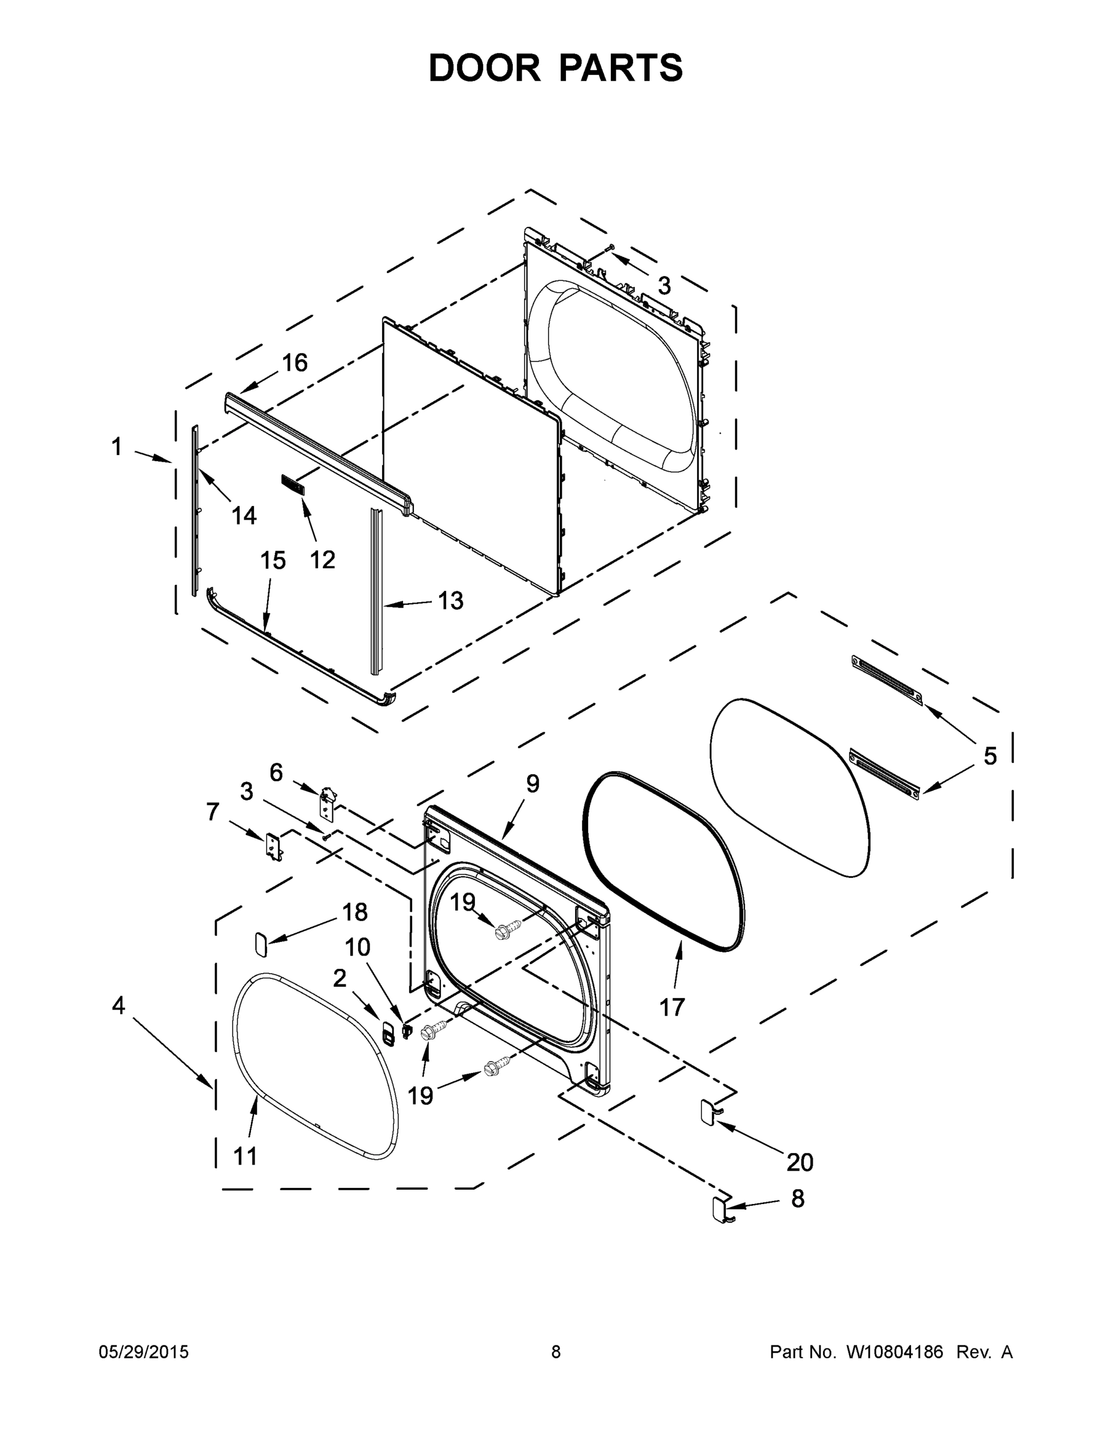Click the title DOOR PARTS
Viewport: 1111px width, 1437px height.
click(x=556, y=68)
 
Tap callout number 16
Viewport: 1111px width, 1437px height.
click(x=295, y=362)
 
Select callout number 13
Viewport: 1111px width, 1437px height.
click(x=451, y=600)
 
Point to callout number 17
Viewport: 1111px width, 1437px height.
click(x=672, y=1006)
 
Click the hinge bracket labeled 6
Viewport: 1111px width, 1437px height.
click(x=327, y=804)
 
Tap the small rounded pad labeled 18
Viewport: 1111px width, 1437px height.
click(x=261, y=945)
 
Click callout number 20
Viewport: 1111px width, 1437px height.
click(x=800, y=1162)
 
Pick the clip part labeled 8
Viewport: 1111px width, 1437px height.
click(x=718, y=1209)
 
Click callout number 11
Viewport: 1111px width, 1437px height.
click(x=246, y=1156)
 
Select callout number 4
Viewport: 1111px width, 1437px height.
click(x=119, y=1005)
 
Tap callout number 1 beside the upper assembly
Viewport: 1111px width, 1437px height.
click(x=117, y=447)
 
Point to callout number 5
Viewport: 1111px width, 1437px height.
click(x=990, y=756)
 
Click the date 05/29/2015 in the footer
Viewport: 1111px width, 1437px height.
click(x=144, y=1351)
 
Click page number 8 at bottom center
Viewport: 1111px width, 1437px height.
click(x=556, y=1351)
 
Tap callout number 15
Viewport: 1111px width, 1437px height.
click(x=273, y=560)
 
